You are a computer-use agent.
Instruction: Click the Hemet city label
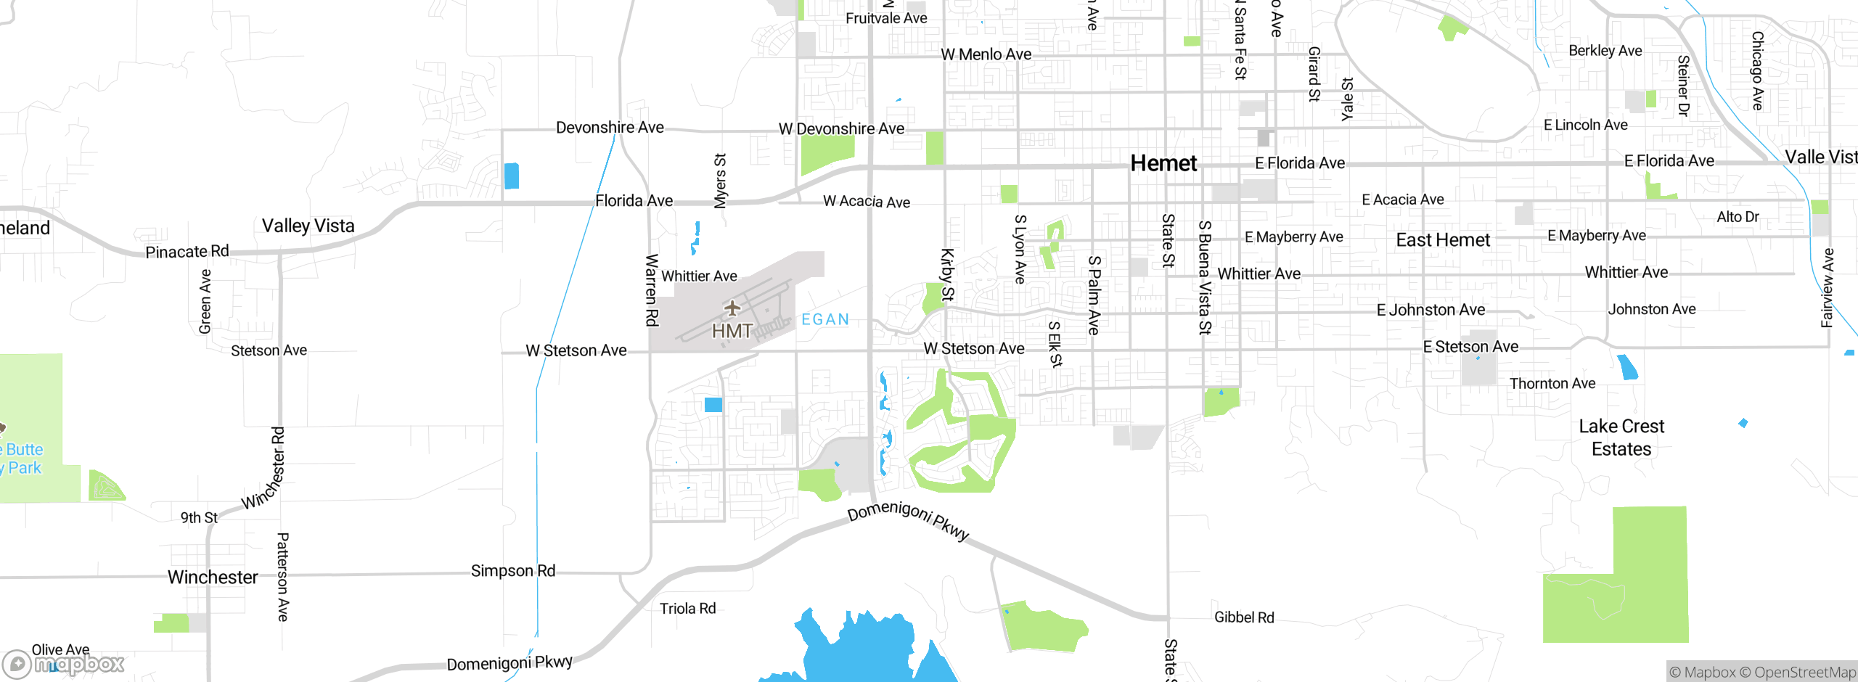tap(1163, 163)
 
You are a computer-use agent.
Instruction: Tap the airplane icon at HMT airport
tap(732, 308)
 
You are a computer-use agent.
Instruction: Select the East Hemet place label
tap(1443, 240)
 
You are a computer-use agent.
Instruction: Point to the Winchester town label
tap(213, 577)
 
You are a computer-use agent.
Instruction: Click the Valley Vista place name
tap(308, 226)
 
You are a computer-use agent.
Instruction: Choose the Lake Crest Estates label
tap(1621, 437)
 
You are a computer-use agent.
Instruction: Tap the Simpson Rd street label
tap(513, 571)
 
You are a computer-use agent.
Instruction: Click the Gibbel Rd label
tap(1244, 617)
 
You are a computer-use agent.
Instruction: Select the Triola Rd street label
tap(687, 609)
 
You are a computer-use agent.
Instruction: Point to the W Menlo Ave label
tap(986, 54)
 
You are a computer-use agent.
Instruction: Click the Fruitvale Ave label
tap(886, 18)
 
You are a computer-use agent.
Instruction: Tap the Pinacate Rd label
tap(187, 252)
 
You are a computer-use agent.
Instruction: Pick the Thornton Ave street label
tap(1552, 383)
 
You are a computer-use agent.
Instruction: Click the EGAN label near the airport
tap(825, 319)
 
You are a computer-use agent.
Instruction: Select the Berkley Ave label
tap(1605, 51)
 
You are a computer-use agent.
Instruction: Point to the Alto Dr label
tap(1738, 216)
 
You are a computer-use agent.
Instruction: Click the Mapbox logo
tap(64, 663)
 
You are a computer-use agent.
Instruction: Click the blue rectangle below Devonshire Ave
tap(512, 176)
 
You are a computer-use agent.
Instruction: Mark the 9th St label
tap(199, 517)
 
